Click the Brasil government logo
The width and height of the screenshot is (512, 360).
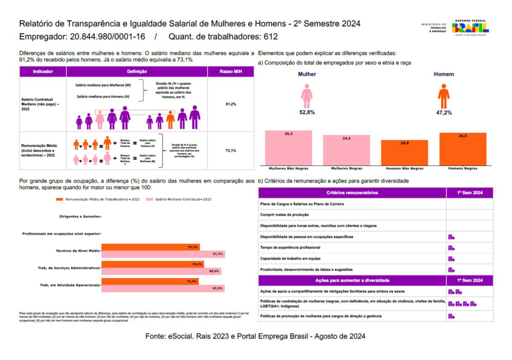click(471, 28)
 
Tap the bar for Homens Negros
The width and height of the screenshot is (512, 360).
click(463, 149)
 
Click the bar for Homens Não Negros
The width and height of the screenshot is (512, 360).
click(404, 152)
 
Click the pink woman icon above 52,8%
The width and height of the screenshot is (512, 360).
click(307, 96)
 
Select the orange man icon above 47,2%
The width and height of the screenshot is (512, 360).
click(444, 96)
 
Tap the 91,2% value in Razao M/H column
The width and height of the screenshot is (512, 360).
click(231, 104)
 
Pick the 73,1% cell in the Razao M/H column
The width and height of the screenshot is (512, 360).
click(231, 151)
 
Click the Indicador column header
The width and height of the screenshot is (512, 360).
click(43, 72)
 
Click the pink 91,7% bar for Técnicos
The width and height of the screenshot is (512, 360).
click(163, 254)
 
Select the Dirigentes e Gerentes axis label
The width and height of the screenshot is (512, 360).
click(80, 217)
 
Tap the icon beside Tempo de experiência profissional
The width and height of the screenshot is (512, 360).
click(451, 248)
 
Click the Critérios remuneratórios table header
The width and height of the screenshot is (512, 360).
click(352, 193)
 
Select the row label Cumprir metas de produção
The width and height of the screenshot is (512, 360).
click(285, 215)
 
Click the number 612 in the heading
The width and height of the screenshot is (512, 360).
click(269, 37)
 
